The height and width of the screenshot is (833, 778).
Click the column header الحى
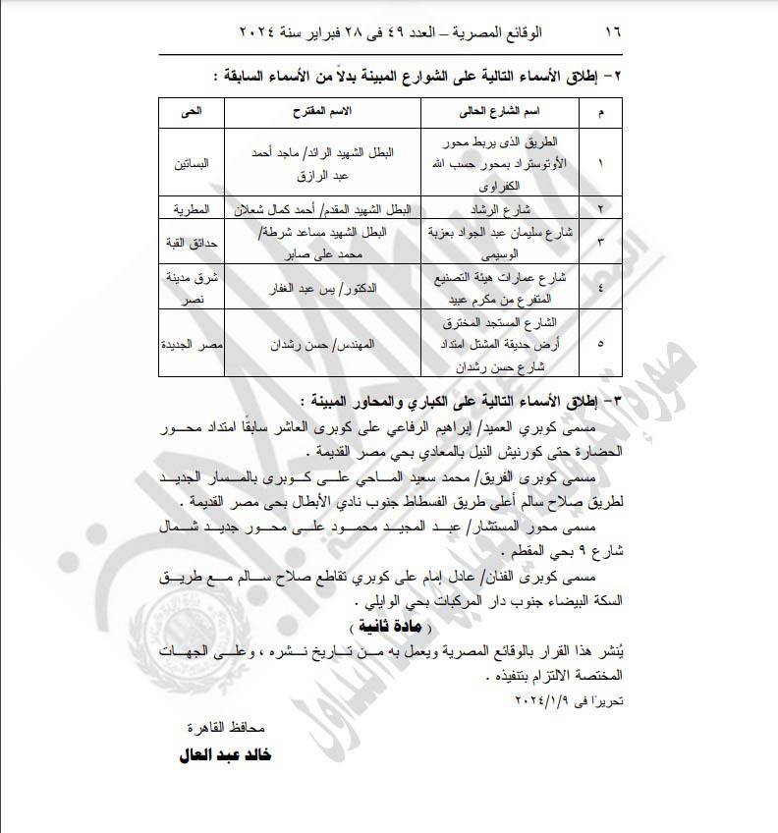coord(193,114)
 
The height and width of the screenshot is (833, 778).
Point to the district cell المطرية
coord(193,210)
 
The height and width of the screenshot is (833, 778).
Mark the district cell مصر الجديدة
coord(193,348)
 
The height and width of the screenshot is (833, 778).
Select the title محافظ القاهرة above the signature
coord(228,728)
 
